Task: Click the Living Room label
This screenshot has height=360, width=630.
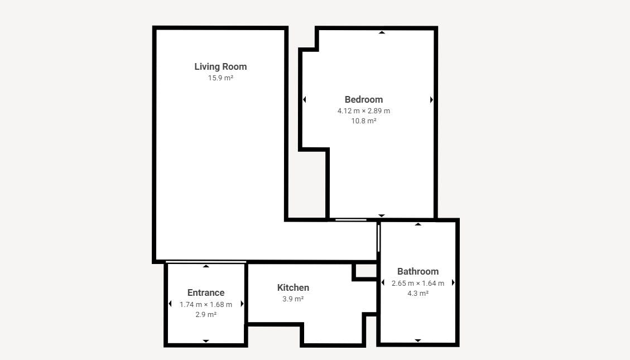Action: click(x=220, y=66)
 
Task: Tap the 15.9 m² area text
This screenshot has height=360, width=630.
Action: click(x=220, y=78)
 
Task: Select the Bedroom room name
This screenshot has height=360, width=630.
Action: click(x=364, y=100)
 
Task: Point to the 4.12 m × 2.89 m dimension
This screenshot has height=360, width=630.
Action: click(x=364, y=111)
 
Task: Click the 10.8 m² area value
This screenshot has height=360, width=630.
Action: click(x=364, y=121)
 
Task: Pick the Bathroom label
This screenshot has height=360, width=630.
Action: click(x=418, y=272)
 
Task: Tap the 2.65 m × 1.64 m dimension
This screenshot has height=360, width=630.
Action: click(x=418, y=284)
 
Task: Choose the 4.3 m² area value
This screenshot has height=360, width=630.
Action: click(x=418, y=294)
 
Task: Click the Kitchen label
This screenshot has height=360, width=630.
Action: click(x=293, y=287)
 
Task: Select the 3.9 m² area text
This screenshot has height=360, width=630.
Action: click(x=293, y=299)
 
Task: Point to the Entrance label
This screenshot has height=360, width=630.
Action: click(x=206, y=293)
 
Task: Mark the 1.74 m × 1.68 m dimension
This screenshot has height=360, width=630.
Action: click(x=206, y=305)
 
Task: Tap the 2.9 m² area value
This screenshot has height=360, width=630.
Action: click(x=206, y=315)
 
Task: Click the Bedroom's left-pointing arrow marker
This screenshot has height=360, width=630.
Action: click(x=305, y=100)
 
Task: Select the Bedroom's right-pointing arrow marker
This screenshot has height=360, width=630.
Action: click(x=431, y=100)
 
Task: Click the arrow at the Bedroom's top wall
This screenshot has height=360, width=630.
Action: click(x=382, y=32)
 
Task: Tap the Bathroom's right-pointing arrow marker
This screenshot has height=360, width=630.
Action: click(x=453, y=282)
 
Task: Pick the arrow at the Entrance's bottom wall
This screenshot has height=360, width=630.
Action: click(x=206, y=340)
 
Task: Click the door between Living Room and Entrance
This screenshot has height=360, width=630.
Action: click(x=206, y=262)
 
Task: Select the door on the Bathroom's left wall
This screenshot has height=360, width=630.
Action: click(x=378, y=238)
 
